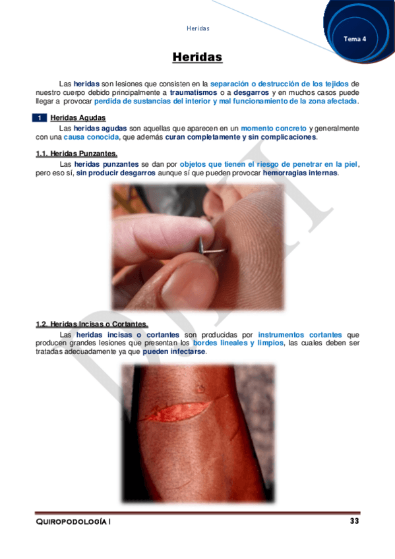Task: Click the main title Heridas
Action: click(197, 58)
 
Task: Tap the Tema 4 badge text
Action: click(355, 39)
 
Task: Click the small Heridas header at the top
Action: click(198, 28)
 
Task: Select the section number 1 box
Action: click(40, 117)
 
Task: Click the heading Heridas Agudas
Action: click(78, 117)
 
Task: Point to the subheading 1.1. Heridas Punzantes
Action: click(76, 154)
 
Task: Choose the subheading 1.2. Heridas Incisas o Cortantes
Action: click(92, 324)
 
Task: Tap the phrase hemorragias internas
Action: click(300, 173)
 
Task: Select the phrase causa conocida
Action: click(91, 137)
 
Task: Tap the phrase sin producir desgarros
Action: click(115, 173)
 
